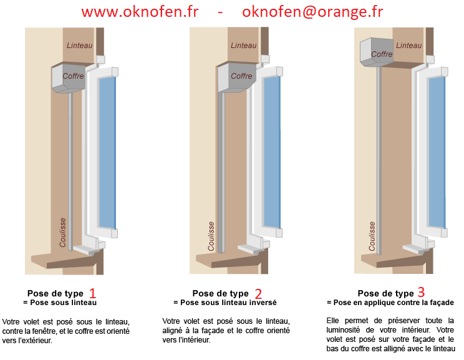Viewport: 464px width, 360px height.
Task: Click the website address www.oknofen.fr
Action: click(140, 12)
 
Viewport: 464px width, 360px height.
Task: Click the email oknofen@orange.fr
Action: click(312, 12)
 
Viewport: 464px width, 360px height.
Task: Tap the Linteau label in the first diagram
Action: click(80, 46)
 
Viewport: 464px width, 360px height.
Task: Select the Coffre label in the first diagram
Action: click(73, 75)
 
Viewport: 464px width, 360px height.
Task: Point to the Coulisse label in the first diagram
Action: click(62, 232)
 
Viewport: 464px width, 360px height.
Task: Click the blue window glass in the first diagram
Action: click(107, 153)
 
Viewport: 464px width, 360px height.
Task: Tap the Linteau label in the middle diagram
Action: click(244, 46)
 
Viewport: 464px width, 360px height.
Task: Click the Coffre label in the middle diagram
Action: click(241, 75)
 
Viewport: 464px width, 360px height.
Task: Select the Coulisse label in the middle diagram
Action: click(211, 236)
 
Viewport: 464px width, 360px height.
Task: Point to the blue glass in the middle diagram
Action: click(272, 152)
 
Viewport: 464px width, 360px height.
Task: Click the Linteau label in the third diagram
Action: click(408, 46)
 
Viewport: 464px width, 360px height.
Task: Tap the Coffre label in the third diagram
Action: click(382, 54)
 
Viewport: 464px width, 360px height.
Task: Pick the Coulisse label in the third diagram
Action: click(372, 236)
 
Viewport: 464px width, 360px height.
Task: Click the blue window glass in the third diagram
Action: click(437, 152)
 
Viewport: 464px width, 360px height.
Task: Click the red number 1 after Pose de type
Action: click(93, 293)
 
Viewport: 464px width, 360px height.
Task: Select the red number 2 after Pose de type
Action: click(258, 294)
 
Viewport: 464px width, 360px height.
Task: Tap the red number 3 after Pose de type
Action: click(421, 292)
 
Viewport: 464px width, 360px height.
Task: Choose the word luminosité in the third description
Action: click(343, 330)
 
